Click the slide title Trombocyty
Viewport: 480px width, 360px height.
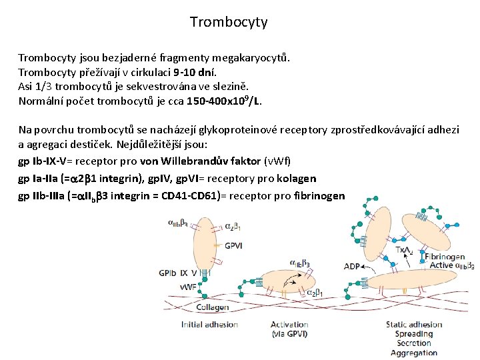point(229,22)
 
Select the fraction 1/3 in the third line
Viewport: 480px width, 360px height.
point(43,87)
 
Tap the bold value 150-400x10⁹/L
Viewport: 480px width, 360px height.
point(214,101)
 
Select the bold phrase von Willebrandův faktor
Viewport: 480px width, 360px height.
point(201,161)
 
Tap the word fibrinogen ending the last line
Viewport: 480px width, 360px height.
point(319,196)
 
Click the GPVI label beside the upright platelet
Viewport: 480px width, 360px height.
point(233,245)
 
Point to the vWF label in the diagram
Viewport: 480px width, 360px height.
point(169,287)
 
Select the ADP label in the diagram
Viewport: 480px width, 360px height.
point(352,267)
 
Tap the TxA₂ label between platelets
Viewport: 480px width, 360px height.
point(403,250)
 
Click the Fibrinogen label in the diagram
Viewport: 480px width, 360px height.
point(445,257)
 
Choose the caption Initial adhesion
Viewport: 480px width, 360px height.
point(209,325)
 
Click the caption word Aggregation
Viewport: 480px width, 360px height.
point(413,353)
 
